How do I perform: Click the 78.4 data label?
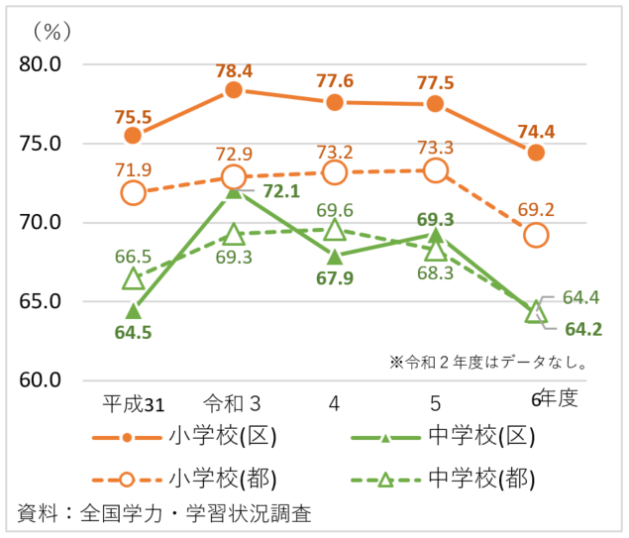click(234, 70)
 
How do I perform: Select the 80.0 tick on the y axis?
click(41, 64)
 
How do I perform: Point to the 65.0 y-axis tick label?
click(41, 301)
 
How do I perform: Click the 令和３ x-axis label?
click(233, 403)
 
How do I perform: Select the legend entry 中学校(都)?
click(483, 480)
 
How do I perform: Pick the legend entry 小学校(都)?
click(222, 480)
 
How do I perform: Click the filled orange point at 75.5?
click(133, 135)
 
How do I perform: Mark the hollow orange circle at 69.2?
click(536, 235)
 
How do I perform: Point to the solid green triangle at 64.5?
click(133, 310)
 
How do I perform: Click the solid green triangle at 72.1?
click(234, 190)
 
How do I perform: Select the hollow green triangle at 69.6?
click(335, 231)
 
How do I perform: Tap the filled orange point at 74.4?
click(536, 153)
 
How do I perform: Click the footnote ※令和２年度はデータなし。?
click(489, 362)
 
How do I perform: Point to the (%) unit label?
click(46, 32)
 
